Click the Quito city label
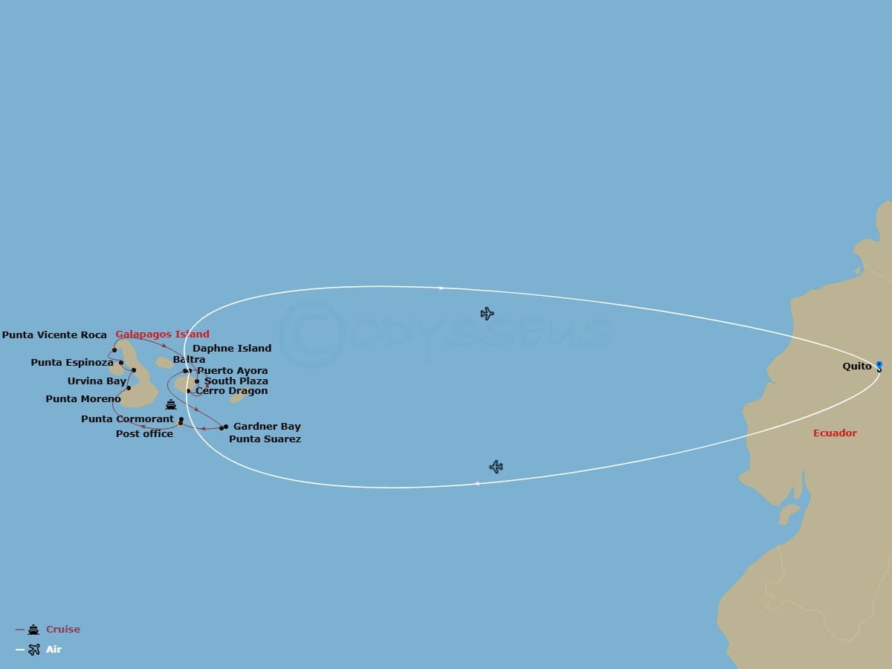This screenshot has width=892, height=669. pos(857,366)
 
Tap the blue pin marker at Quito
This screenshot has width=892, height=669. pos(879,365)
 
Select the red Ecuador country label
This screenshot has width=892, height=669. pos(835,433)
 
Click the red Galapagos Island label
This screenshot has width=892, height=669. pos(162,334)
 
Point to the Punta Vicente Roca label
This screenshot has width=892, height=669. pos(54,335)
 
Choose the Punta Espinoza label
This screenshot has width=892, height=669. pos(71,363)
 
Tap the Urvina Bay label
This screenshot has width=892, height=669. pos(97,381)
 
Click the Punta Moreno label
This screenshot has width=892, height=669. pos(83,399)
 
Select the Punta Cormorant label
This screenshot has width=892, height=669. pos(127,419)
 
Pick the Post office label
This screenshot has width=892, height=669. pos(144,433)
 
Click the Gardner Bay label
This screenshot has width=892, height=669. pos(267,427)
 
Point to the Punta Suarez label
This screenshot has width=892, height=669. pos(265,439)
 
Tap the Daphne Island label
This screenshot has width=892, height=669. pos(232,348)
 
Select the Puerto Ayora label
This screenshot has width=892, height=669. pos(233,371)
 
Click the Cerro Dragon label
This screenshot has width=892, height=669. pos(232,391)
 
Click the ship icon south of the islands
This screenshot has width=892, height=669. pos(171,405)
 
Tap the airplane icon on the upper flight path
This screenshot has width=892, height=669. pos(487,314)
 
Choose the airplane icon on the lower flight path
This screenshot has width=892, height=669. pos(496,467)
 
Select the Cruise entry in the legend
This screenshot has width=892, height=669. pos(62,630)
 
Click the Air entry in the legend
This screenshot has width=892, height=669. pos(54,650)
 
